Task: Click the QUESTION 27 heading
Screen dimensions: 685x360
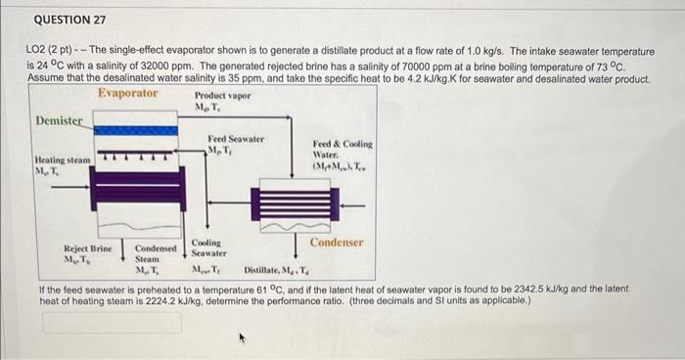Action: [x=69, y=20]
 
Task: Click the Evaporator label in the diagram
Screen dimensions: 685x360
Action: [x=128, y=93]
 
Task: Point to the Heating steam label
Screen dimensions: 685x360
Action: [x=62, y=159]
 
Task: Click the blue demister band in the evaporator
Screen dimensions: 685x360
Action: [x=137, y=130]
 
